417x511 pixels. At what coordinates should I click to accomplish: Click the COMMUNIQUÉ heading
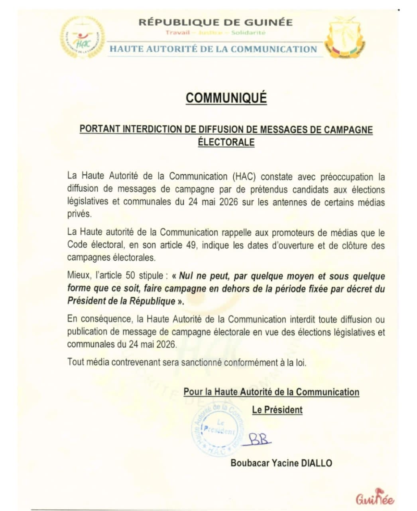(x=226, y=98)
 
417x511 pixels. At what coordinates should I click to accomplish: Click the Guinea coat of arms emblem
(x=345, y=40)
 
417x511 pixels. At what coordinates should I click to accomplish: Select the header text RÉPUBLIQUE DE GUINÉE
(x=215, y=22)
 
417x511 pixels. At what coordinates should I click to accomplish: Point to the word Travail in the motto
(x=177, y=32)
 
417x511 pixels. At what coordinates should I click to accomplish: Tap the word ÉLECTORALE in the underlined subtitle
(x=226, y=142)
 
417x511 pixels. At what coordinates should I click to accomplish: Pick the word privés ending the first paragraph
(x=79, y=214)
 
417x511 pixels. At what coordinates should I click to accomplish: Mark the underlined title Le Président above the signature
(x=277, y=410)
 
